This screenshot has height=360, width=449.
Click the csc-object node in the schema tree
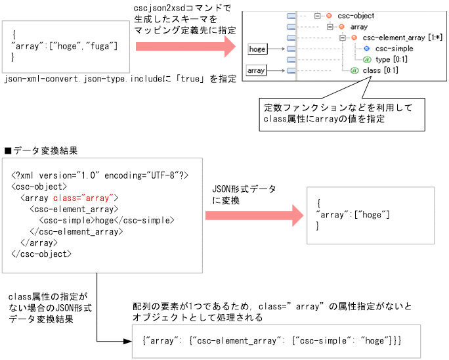click(x=354, y=16)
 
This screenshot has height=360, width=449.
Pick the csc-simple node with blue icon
click(x=393, y=49)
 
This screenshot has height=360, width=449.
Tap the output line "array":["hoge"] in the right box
click(x=353, y=215)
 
